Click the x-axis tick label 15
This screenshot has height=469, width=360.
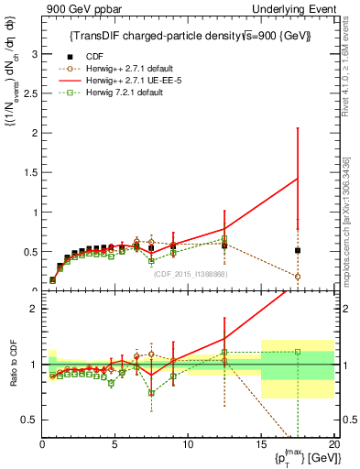tap(261, 444)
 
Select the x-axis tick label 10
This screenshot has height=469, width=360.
tap(188, 444)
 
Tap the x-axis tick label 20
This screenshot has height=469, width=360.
tap(333, 444)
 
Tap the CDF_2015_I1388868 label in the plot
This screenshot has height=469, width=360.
tap(191, 274)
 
